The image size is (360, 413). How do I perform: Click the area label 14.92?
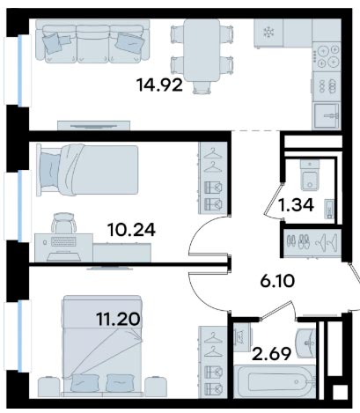pos(159,85)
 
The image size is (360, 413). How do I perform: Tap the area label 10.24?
pos(131,230)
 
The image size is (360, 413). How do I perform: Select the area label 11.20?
pos(118,319)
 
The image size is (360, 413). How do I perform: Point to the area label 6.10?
pos(277,282)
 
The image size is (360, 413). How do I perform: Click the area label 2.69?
pos(272,354)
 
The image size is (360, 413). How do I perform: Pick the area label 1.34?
pos(297,205)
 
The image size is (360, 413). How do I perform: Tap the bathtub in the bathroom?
pos(275,381)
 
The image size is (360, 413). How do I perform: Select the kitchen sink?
pos(327,115)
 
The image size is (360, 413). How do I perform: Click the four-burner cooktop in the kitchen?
pos(327,56)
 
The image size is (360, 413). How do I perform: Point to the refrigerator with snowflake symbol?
pos(268,33)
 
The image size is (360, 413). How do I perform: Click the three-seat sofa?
pos(92,41)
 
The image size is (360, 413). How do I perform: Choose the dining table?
pos(202,50)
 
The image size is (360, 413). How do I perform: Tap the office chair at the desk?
pos(63,223)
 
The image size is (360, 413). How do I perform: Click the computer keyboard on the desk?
pos(63,242)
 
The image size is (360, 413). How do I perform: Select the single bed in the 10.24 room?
pos(87,170)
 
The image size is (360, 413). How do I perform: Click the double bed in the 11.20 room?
pos(102,346)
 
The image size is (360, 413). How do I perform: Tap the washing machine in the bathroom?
pos(242,337)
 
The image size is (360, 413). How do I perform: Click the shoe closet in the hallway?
pos(312,243)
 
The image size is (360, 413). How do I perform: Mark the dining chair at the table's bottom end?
pos(202,87)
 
